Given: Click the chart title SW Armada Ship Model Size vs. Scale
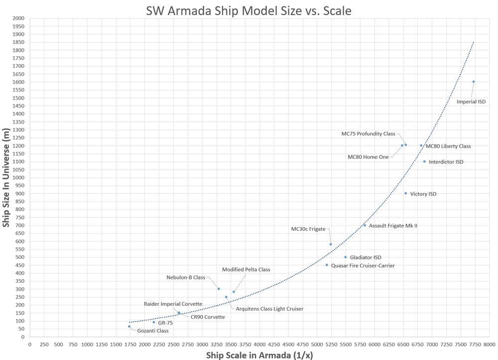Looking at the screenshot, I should coord(249,10).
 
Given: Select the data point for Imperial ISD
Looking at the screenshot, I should coord(473,82).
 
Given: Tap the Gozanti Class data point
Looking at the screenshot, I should coord(129,327).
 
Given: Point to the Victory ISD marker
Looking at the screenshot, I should coord(405,193).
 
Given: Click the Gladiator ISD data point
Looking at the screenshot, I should coord(345,257).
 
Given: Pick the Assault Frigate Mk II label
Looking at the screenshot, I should coord(393,226).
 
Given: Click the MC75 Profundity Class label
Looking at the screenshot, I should coord(368,134).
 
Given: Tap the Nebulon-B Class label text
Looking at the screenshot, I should coord(186,277).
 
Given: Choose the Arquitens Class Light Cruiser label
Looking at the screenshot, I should coord(269,309).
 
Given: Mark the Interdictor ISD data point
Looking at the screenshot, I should coord(424,161).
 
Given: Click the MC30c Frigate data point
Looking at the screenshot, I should coord(330,244).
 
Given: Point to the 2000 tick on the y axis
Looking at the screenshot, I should coord(19,18).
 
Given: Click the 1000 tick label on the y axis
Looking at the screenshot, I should coord(19,177).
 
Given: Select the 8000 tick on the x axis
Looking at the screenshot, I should coord(489,344).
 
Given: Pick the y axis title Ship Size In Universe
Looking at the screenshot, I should coord(6,177).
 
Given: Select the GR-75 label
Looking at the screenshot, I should coord(165,323).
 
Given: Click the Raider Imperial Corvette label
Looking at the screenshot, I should coord(173,304).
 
